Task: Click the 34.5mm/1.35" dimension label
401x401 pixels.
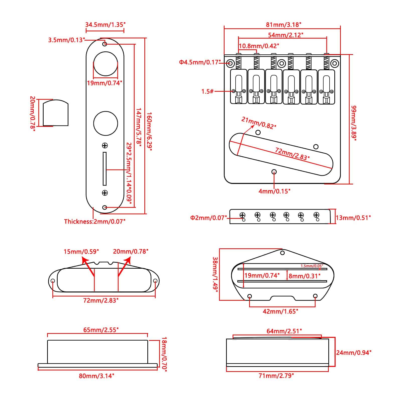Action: coord(105,25)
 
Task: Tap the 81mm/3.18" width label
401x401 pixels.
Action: coord(283,25)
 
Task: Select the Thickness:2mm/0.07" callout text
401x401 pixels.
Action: coord(94,221)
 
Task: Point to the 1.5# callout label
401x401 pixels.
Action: coord(208,91)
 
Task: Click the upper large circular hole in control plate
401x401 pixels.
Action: coord(106,64)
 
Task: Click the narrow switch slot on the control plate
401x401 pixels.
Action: coord(105,168)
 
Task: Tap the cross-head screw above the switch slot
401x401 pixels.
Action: coord(105,145)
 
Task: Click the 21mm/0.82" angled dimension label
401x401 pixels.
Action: coord(258,123)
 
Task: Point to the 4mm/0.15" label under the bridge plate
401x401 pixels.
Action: coord(274,191)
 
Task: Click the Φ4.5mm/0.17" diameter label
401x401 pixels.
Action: coord(199,62)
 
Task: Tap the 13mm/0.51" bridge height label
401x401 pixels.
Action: coord(353,218)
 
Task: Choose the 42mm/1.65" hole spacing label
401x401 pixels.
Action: coord(280,311)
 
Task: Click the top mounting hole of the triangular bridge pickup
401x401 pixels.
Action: coord(282,253)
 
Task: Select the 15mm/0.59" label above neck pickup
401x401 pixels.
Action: coord(81,251)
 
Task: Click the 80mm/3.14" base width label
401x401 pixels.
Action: coord(97,376)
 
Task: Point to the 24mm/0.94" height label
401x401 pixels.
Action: coord(354,353)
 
